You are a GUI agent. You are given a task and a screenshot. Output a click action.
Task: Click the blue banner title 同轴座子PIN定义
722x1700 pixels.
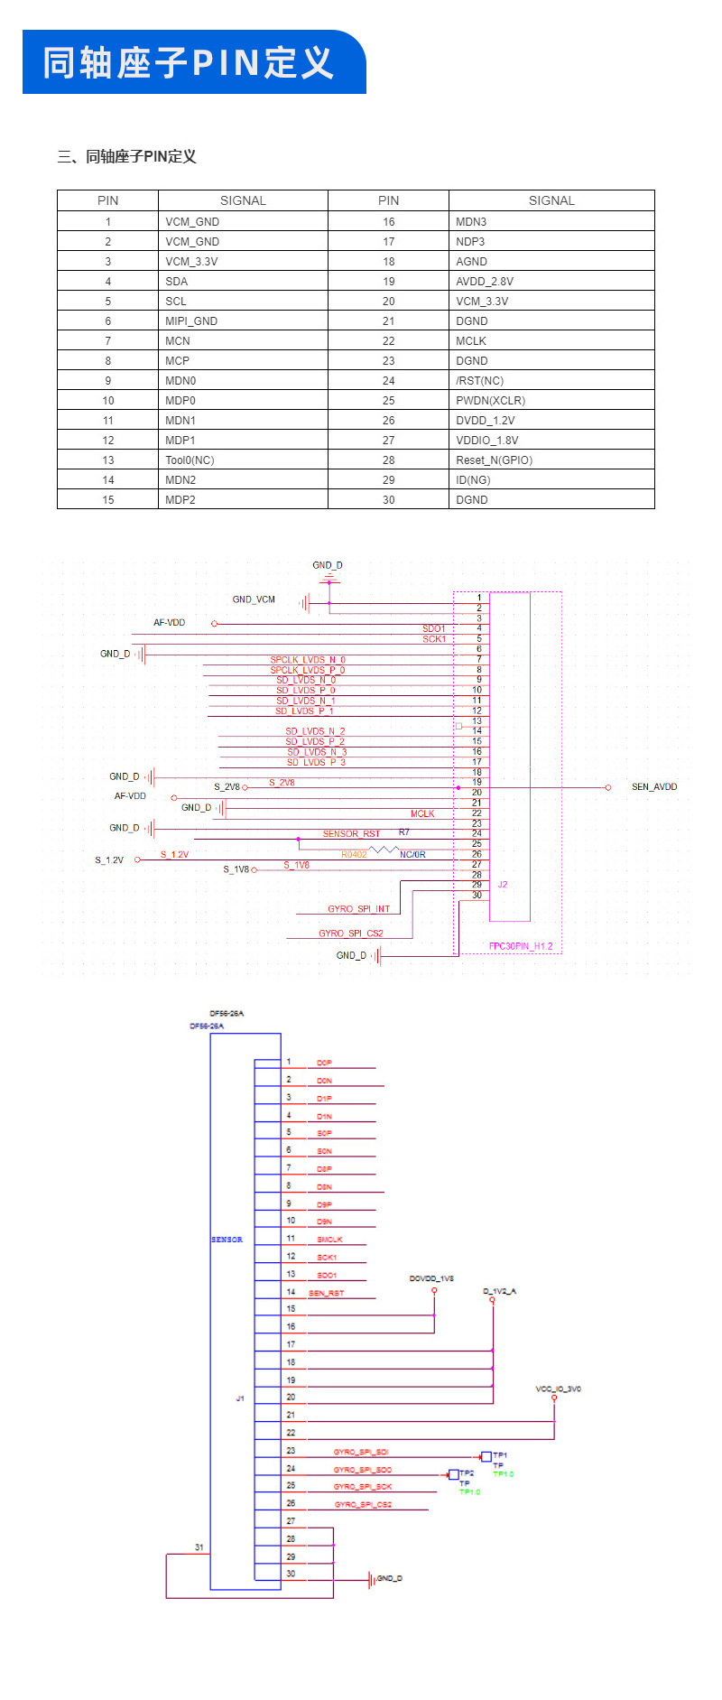coord(189,63)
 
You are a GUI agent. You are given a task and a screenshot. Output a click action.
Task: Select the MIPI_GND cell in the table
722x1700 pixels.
coord(191,321)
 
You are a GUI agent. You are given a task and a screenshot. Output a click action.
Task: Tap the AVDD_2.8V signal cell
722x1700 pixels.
coord(485,282)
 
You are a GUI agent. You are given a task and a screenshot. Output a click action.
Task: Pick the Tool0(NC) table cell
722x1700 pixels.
coord(190,460)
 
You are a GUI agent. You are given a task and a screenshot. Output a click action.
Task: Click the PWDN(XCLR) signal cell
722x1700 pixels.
coord(490,401)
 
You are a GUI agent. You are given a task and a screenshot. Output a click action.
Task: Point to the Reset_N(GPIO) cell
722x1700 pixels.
coord(494,460)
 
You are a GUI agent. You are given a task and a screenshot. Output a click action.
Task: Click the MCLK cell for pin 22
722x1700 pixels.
coord(471,341)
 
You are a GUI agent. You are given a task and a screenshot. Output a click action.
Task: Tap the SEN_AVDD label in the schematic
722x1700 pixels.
coord(654,787)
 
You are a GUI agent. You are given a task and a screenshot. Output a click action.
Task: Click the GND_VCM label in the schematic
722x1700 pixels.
coord(254,599)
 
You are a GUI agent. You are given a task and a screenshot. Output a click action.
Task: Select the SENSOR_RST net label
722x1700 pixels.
coord(351,834)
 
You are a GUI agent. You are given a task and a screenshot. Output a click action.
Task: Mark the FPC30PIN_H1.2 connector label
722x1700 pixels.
coord(521,946)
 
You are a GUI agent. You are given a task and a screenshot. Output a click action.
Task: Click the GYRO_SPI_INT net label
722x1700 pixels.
coord(358,909)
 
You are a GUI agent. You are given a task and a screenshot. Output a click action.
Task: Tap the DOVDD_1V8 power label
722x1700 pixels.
coord(431,1278)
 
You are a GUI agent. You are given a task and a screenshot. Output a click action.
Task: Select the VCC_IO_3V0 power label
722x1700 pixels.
coord(558,1389)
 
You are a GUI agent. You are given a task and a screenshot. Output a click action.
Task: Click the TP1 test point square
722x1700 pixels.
coord(486,1456)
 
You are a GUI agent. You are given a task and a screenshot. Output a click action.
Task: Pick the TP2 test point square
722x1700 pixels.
coord(454,1474)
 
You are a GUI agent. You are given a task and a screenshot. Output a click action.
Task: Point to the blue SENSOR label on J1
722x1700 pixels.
coord(227,1240)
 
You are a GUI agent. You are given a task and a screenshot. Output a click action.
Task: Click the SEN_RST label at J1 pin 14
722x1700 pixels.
coord(326,1294)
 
